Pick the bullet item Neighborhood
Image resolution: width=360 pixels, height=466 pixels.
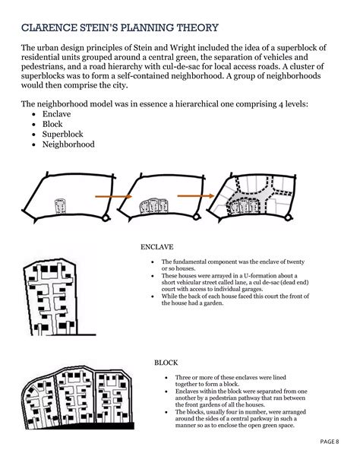69,143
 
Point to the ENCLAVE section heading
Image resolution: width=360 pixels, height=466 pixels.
157,247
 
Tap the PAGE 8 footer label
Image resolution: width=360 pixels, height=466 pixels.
328,442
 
